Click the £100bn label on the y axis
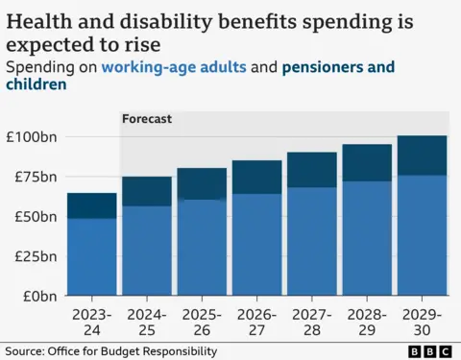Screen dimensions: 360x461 click(x=31, y=136)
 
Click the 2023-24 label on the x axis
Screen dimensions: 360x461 click(x=91, y=321)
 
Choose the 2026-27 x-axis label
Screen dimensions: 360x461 click(x=256, y=321)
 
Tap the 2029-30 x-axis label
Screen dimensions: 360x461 click(x=422, y=321)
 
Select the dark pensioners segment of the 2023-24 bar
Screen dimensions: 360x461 click(x=91, y=205)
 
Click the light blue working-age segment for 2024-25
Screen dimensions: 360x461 click(x=146, y=251)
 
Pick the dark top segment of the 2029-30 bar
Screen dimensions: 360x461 click(x=422, y=156)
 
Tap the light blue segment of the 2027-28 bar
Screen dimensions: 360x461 click(x=311, y=241)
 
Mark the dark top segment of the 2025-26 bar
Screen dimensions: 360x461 click(x=202, y=183)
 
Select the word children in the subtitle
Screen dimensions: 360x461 click(x=36, y=84)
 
